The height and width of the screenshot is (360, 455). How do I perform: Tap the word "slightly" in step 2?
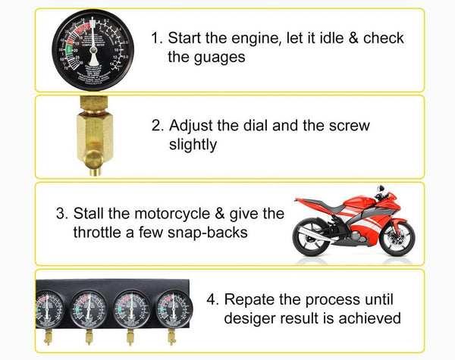(x=193, y=145)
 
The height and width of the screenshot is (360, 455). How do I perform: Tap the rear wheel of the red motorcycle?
(x=313, y=237)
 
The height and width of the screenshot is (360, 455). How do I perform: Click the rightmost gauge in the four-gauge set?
(x=173, y=311)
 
